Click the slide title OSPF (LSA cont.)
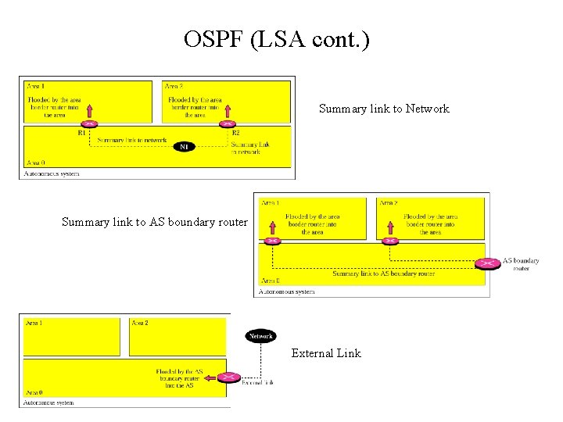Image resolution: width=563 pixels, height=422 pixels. coord(276,39)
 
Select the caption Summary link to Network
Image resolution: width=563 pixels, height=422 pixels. coord(384,109)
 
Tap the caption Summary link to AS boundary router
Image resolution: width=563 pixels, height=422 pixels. coord(154,222)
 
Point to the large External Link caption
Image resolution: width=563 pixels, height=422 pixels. coord(326,353)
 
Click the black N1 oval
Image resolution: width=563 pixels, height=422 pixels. coord(184,146)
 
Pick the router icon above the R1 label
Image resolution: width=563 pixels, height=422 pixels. coord(90,123)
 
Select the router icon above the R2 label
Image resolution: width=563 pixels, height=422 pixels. coord(228,123)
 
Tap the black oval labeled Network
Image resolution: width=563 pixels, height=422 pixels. coord(260,336)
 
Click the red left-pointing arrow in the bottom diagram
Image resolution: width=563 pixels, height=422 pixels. coord(210,378)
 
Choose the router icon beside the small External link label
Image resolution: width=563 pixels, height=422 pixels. coord(228,378)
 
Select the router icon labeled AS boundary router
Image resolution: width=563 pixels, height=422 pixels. coord(488,263)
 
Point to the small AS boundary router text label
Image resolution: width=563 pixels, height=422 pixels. coord(520,264)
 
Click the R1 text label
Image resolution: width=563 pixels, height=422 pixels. coord(82,133)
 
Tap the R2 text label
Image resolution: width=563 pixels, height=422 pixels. coord(236,133)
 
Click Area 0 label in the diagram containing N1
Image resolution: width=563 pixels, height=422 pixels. coord(36,163)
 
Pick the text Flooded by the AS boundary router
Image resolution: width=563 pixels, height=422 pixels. coord(179,378)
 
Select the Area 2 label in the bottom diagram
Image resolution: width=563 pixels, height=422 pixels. coord(140,323)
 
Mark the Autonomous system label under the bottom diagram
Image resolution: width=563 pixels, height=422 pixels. coord(48,402)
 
